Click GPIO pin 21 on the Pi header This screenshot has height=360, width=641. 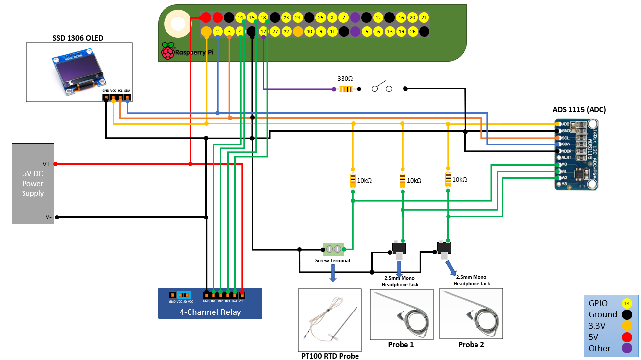click(424, 17)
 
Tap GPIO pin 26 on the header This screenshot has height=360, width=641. click(413, 32)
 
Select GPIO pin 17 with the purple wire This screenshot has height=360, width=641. click(263, 32)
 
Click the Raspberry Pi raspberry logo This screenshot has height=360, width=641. click(168, 51)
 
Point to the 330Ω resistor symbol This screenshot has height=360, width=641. click(346, 89)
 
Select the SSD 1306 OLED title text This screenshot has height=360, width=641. click(78, 38)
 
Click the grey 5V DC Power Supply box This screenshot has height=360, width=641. click(33, 184)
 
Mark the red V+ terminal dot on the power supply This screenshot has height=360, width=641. click(56, 164)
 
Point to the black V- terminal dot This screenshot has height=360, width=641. click(56, 217)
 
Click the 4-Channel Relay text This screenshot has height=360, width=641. click(210, 312)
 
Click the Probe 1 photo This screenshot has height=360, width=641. click(401, 314)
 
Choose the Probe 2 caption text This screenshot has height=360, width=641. click(471, 345)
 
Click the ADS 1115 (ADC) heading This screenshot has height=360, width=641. click(579, 110)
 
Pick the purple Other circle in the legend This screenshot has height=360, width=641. click(625, 348)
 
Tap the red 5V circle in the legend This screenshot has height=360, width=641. click(625, 337)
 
